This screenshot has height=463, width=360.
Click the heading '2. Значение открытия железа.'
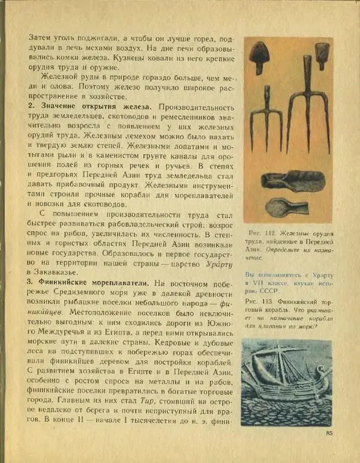click(89, 106)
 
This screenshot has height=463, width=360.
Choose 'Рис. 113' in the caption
click(259, 302)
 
